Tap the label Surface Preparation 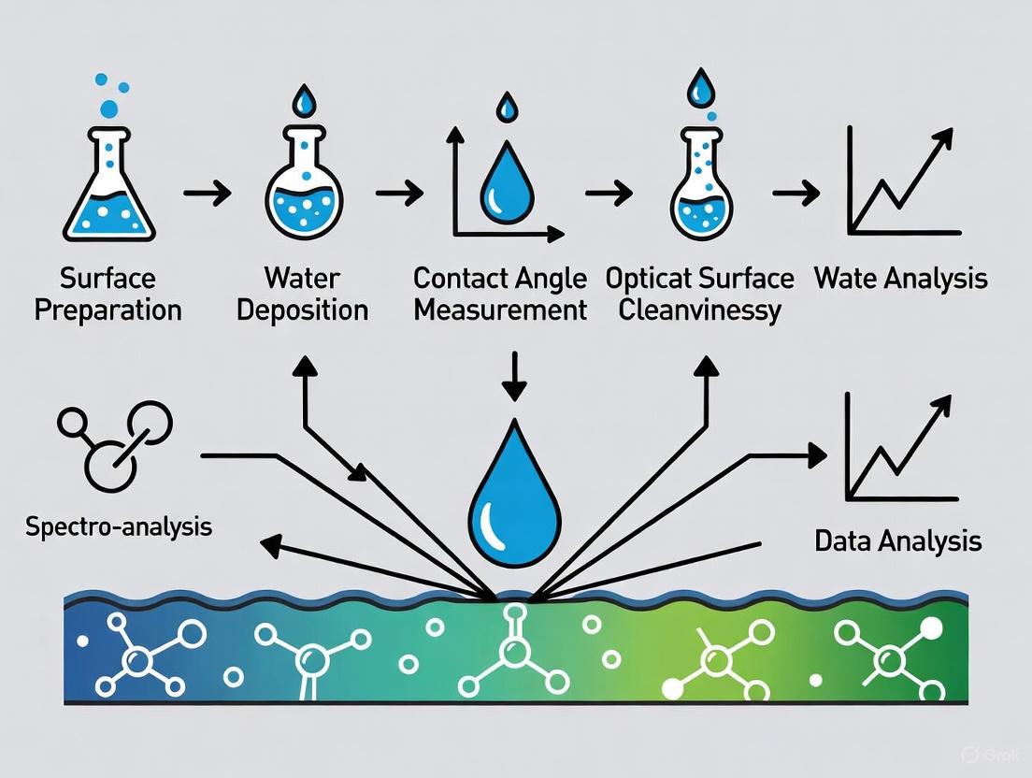107,294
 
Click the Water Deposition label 302,294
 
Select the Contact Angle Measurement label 500,294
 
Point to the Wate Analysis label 900,279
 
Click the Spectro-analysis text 119,526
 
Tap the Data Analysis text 897,540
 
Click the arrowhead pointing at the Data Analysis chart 815,455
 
